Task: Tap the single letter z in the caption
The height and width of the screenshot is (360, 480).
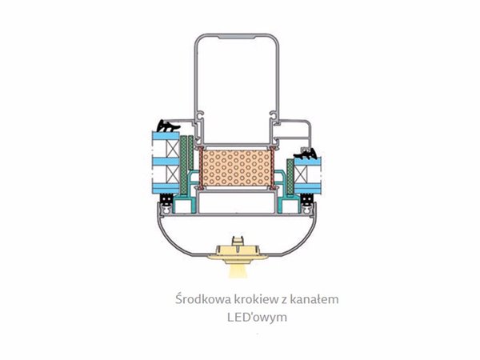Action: tap(284, 300)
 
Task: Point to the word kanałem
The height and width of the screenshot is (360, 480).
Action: tap(314, 298)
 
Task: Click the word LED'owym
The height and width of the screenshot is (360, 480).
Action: tap(257, 317)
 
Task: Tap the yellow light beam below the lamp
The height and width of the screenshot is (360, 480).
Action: tap(238, 271)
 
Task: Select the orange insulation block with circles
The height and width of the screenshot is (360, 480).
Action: tap(237, 168)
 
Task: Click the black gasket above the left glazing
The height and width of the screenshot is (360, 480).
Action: tap(168, 126)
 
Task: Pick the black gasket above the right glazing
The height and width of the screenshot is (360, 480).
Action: tap(306, 154)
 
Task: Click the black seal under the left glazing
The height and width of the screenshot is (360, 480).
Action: tap(167, 199)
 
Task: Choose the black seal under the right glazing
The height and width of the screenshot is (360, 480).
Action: tap(306, 199)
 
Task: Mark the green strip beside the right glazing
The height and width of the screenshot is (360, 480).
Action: tap(290, 177)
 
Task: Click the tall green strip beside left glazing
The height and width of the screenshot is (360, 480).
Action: tap(184, 165)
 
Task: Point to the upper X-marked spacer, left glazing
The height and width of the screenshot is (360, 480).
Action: tap(172, 149)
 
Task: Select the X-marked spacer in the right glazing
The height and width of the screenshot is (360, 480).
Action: tap(301, 174)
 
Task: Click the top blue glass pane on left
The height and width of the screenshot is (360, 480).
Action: tap(166, 136)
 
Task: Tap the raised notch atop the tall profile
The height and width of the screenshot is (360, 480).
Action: tap(236, 37)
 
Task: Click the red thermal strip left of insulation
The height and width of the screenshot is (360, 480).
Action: tap(201, 167)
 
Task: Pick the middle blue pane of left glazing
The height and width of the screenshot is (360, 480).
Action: tap(166, 162)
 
